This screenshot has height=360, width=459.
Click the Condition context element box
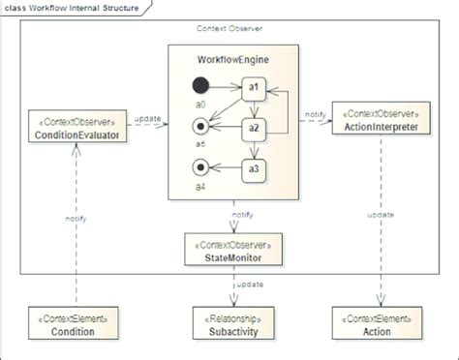74,324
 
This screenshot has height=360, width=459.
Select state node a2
254,128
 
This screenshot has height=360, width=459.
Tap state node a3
254,170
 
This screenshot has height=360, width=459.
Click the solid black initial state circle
201,85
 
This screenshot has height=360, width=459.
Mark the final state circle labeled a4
201,170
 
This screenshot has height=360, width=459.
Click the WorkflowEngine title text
233,60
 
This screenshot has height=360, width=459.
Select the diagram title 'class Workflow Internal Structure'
73,9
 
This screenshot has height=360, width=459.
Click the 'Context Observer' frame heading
230,29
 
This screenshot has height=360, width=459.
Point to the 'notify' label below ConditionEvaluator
76,219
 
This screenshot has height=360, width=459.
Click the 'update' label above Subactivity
251,285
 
